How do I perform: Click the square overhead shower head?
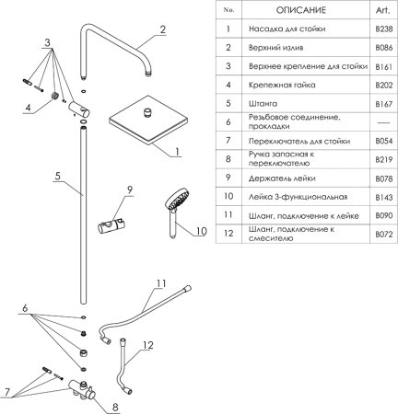(148, 121)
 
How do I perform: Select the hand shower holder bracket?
(111, 226)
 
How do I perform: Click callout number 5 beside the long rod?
(58, 176)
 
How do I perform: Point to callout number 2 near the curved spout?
(163, 29)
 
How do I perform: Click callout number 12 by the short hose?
(147, 345)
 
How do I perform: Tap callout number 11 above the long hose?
(161, 283)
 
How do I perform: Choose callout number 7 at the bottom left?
(7, 392)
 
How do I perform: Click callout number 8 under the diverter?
(115, 408)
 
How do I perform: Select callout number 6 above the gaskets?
(25, 308)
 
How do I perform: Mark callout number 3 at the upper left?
(47, 42)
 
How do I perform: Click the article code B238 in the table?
(384, 29)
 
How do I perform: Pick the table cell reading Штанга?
(263, 104)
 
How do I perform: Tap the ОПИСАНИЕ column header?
(301, 10)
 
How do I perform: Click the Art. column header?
(383, 10)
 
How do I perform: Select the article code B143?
(384, 197)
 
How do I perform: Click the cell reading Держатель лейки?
(282, 178)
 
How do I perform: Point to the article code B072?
(384, 235)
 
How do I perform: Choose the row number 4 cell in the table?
(228, 85)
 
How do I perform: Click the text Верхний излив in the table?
(275, 48)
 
